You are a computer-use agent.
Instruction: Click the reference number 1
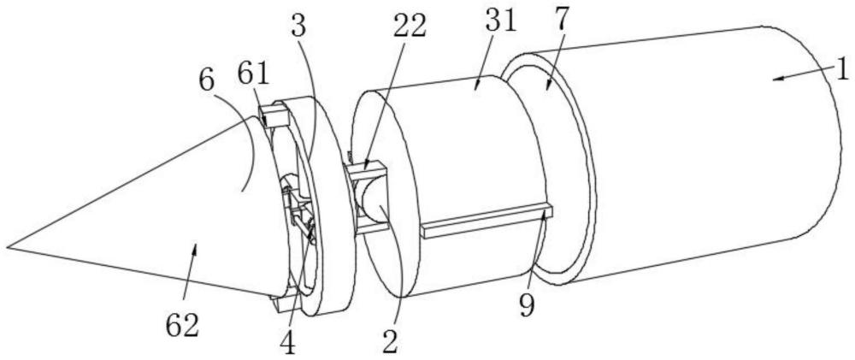840,68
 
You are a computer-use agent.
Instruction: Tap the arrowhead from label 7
545,86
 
